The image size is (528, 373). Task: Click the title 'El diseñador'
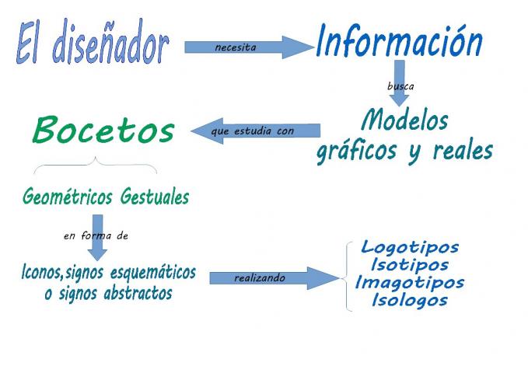[x=92, y=43]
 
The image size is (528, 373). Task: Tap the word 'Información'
[x=399, y=41]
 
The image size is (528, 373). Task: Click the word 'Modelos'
[x=405, y=120]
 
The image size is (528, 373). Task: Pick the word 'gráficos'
[x=356, y=152]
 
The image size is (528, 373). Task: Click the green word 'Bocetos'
[x=103, y=131]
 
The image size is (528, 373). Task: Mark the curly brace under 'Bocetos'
[x=95, y=166]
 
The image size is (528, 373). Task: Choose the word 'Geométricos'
[x=68, y=197]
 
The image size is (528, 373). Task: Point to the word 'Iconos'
[x=41, y=274]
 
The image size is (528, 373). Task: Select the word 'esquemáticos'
[x=152, y=274]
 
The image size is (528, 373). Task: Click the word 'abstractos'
[x=138, y=295]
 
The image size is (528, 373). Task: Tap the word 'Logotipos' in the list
[x=410, y=248]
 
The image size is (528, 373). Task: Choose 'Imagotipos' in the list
[x=410, y=283]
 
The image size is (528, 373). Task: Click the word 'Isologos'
[x=410, y=301]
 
